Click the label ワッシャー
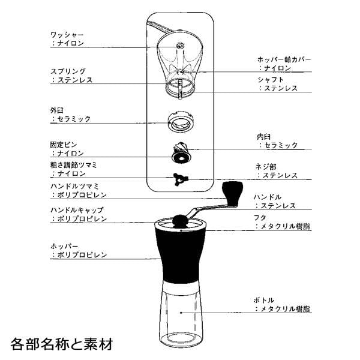pos(67,35)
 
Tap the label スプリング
pos(68,71)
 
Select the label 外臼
pos(57,110)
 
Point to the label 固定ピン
pos(64,145)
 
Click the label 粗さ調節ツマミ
pos(74,165)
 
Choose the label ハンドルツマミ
pos(74,186)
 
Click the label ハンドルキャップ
pos(77,210)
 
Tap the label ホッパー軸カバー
pos(284,59)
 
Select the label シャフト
pos(271,80)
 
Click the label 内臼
pos(264,137)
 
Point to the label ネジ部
pos(266,167)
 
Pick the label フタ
pos(260,218)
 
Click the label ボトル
pos(264,301)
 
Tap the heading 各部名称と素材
pos(62,344)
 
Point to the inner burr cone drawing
pos(181,152)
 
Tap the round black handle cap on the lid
pos(180,221)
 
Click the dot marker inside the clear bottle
pos(181,313)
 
